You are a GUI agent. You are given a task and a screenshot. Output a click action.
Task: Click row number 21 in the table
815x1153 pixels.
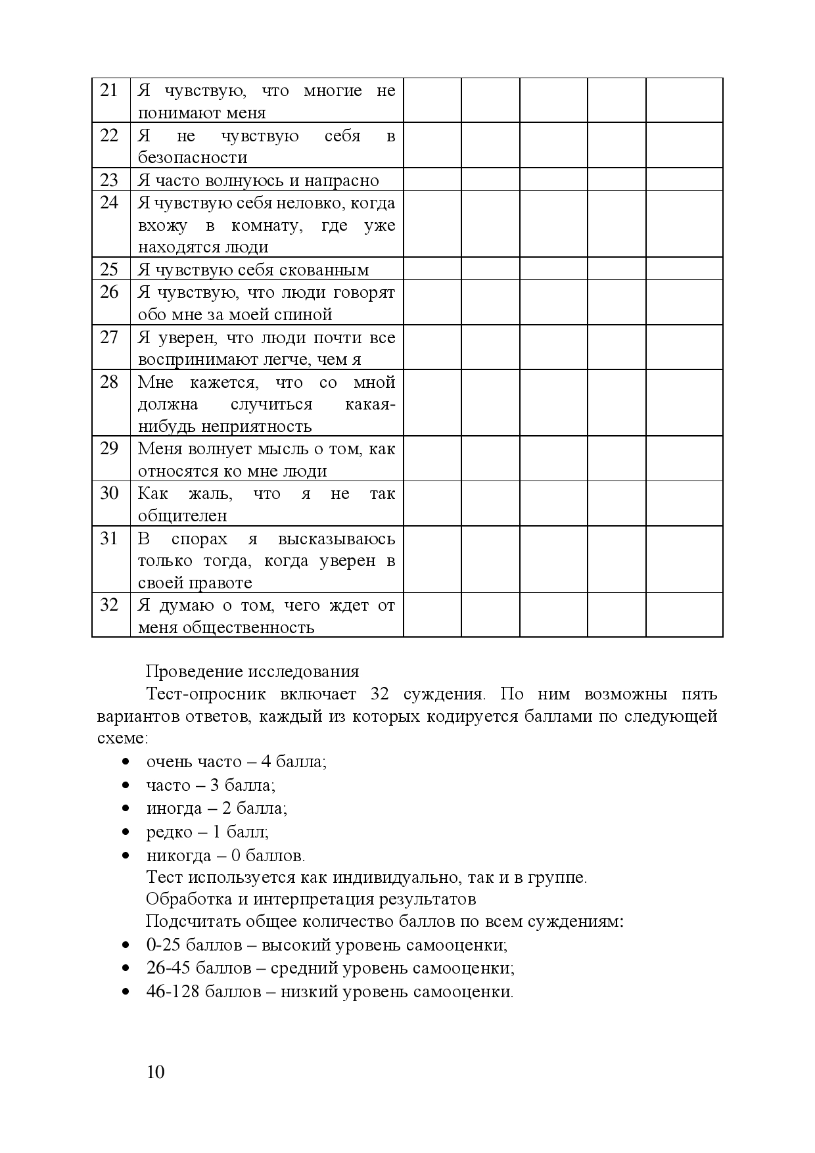point(109,90)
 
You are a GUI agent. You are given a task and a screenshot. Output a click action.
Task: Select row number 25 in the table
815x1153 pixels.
point(109,270)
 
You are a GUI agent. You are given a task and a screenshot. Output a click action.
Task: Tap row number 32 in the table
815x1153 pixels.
point(109,605)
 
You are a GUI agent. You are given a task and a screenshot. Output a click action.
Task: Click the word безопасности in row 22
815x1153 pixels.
point(193,158)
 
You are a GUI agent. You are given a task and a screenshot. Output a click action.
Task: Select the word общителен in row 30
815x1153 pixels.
point(183,516)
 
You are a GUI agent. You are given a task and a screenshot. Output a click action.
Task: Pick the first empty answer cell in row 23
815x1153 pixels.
point(432,179)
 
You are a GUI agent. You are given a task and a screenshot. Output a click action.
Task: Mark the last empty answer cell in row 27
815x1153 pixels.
point(684,347)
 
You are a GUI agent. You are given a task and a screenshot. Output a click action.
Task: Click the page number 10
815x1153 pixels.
point(156,1072)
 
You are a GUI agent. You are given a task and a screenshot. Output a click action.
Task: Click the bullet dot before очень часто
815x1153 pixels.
point(125,762)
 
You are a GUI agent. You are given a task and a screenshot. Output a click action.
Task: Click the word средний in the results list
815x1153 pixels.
point(294,969)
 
